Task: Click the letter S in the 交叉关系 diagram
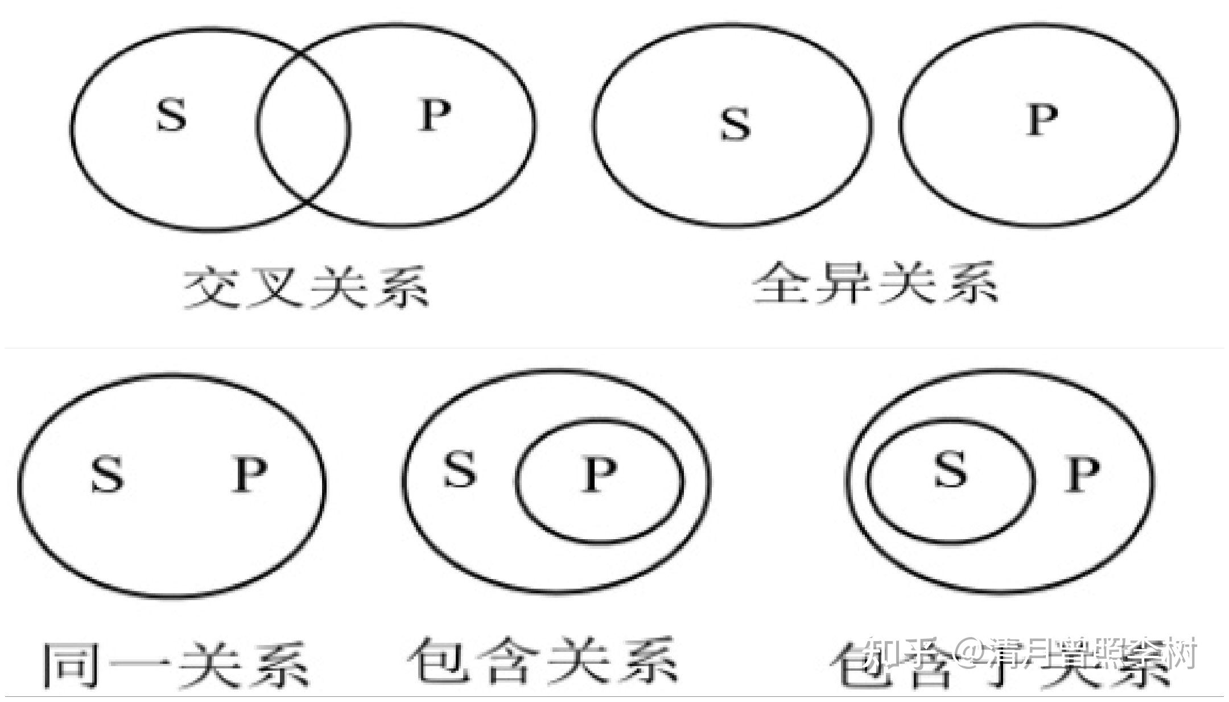[x=171, y=116]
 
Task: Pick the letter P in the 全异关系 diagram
[x=1042, y=120]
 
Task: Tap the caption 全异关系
[x=875, y=282]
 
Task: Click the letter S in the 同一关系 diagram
[x=107, y=475]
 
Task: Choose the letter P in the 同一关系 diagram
[x=250, y=475]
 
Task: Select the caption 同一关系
[x=176, y=664]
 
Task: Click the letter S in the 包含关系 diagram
[x=459, y=469]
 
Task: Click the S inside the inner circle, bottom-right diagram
[x=950, y=470]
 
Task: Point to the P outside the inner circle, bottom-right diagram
[x=1082, y=475]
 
